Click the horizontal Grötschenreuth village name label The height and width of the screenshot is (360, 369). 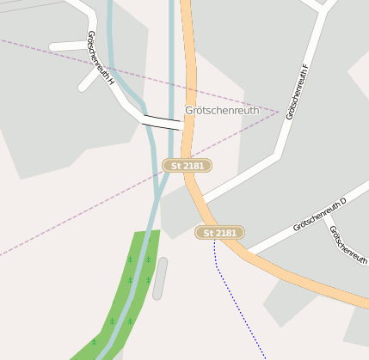pos(222,111)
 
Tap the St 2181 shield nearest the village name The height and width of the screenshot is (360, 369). pos(188,165)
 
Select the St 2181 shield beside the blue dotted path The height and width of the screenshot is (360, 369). pos(219,233)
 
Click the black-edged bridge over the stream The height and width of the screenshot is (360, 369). pos(163,122)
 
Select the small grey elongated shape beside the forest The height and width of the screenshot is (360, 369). pos(160,278)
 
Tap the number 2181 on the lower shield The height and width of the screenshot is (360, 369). pos(225,233)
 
